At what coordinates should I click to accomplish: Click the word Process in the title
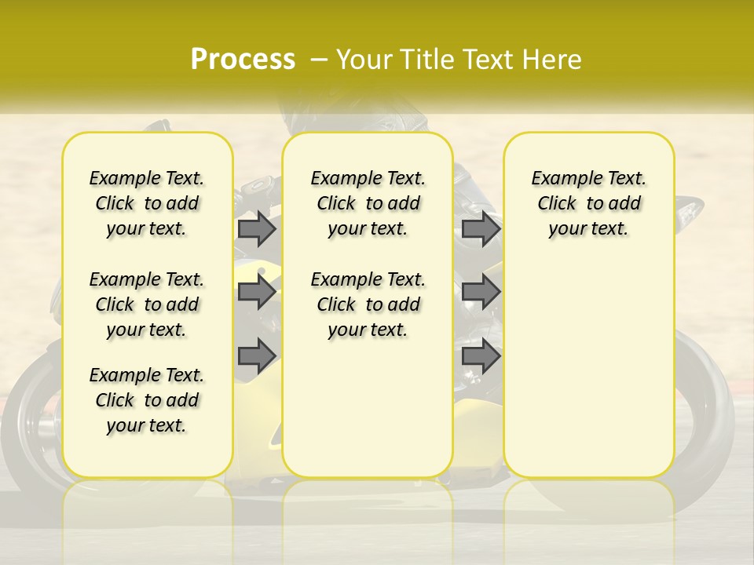tap(243, 60)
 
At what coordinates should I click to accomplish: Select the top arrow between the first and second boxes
tap(257, 228)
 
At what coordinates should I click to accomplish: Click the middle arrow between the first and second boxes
tap(257, 292)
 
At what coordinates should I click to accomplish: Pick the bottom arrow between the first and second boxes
tap(257, 356)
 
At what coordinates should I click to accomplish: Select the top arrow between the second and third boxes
tap(481, 228)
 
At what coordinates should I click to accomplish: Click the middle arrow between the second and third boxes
tap(481, 292)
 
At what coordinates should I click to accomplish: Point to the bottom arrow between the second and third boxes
tap(481, 356)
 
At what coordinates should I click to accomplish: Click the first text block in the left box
tap(147, 203)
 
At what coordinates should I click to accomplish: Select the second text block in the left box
tap(147, 304)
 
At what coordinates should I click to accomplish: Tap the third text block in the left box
tap(147, 400)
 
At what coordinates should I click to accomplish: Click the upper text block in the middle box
tap(368, 203)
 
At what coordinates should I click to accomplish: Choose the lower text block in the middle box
tap(368, 304)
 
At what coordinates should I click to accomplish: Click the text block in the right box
tap(589, 203)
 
